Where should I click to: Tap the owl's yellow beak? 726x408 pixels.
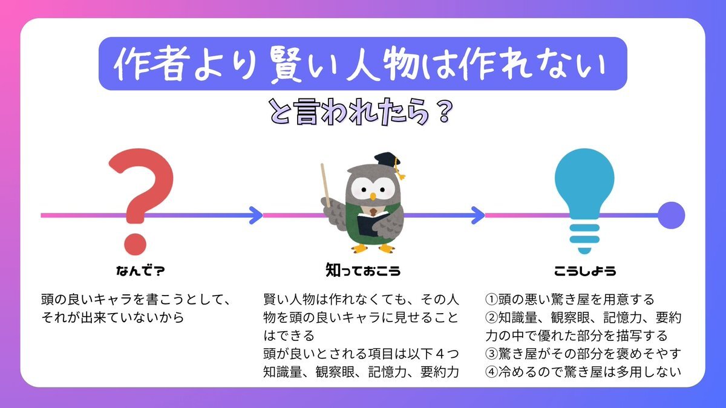[x=373, y=196]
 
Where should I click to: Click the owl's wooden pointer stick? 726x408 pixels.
[x=325, y=185]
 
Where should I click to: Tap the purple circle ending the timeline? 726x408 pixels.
[x=671, y=215]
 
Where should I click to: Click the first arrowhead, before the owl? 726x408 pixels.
[x=256, y=215]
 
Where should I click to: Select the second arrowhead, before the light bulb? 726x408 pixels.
[x=478, y=215]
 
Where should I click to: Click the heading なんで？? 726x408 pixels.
[x=140, y=271]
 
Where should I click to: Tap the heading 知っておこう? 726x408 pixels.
[x=363, y=270]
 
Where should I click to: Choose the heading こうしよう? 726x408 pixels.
[x=585, y=271]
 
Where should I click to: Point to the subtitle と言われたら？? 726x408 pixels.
[x=361, y=112]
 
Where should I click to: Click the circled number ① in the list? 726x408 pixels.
[x=491, y=300]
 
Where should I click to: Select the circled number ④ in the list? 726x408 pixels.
[x=491, y=372]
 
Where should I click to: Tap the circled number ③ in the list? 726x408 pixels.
[x=491, y=354]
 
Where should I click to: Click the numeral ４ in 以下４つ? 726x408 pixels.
[x=440, y=354]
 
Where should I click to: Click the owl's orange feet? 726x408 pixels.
[x=373, y=248]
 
